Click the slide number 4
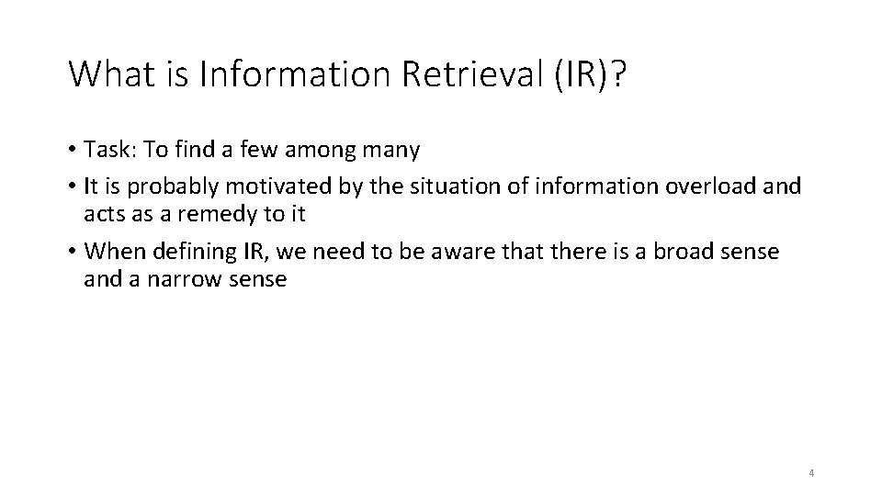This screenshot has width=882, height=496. coord(811,473)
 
